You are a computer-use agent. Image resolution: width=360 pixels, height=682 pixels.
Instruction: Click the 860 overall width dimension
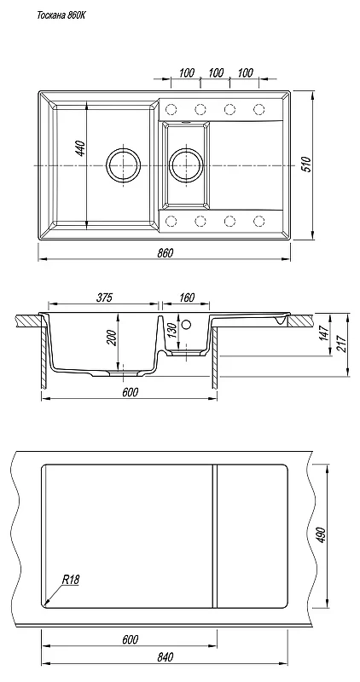[165, 252]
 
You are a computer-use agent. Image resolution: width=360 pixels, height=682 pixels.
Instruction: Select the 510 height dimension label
[307, 165]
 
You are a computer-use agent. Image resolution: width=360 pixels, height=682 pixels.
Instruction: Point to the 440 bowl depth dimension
[80, 148]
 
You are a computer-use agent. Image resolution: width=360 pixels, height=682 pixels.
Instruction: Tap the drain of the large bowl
[124, 165]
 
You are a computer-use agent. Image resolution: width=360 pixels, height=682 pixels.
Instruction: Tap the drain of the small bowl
[186, 165]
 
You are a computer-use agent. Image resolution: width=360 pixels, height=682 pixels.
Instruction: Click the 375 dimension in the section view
[104, 298]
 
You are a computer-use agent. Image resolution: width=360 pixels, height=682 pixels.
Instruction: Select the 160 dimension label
[186, 298]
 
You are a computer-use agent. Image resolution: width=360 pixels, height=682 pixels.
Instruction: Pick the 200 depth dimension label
[112, 338]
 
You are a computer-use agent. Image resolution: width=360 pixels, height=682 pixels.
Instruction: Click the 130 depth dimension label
[171, 331]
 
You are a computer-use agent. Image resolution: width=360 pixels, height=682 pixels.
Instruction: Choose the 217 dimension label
[342, 344]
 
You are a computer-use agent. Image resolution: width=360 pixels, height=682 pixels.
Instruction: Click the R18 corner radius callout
[71, 580]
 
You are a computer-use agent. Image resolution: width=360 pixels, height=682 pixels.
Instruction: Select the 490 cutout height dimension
[322, 535]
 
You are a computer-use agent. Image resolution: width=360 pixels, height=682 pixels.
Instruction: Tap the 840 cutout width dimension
[165, 656]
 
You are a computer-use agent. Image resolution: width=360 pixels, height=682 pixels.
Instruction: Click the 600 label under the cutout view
[130, 639]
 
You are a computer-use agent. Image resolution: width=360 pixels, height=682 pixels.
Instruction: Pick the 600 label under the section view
[130, 392]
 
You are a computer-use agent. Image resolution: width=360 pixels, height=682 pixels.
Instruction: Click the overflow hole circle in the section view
[187, 325]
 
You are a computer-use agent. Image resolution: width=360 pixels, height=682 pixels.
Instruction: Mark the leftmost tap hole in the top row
[171, 108]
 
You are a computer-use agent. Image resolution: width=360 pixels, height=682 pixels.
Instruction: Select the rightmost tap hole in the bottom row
[259, 222]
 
